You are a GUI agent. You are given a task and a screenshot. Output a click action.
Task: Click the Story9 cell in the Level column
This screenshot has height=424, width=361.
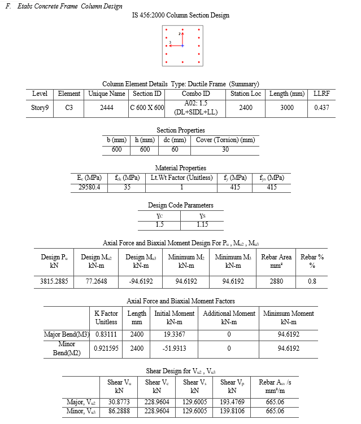tap(40, 107)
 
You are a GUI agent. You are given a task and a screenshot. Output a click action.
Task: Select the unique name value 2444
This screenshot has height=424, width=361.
tap(106, 107)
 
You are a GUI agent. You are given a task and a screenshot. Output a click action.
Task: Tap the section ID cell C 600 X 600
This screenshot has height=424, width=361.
tap(147, 107)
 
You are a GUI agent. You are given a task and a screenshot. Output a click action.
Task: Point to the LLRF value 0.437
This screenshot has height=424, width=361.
tap(321, 107)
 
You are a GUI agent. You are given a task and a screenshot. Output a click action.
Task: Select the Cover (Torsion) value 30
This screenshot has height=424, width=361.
tap(225, 149)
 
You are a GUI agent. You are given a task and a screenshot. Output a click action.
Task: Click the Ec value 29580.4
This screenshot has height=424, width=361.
tap(93, 187)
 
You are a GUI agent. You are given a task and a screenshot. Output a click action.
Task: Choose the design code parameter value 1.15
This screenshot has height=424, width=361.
tap(202, 224)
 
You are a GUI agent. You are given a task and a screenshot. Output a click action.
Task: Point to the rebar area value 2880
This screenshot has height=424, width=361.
tap(276, 280)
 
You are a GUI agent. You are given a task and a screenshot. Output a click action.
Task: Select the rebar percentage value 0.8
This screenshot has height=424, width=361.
tap(312, 280)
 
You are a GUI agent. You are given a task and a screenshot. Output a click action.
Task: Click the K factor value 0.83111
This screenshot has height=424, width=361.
tap(106, 334)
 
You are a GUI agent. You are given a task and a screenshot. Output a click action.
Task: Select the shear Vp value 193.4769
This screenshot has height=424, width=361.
tap(232, 402)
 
